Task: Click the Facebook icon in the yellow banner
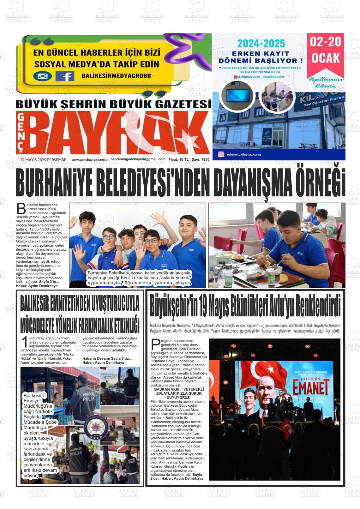click(65, 76)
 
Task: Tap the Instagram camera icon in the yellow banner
click(42, 76)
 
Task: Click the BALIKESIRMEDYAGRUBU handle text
click(116, 76)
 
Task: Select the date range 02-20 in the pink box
click(325, 42)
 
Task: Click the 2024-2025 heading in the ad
click(261, 44)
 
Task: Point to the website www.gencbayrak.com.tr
click(90, 159)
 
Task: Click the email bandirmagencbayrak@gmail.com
click(138, 159)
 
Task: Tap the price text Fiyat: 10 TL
click(178, 159)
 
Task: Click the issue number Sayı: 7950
click(201, 159)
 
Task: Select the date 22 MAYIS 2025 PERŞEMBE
click(43, 160)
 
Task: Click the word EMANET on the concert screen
click(306, 389)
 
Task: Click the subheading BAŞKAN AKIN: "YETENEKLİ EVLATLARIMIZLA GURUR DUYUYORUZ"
click(179, 393)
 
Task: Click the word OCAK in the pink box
click(326, 58)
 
